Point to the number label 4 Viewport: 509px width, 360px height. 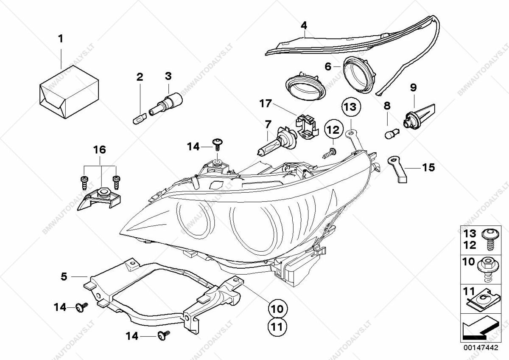click(x=303, y=26)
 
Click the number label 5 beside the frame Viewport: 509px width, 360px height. click(x=64, y=276)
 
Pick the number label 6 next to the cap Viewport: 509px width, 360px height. click(x=327, y=66)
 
